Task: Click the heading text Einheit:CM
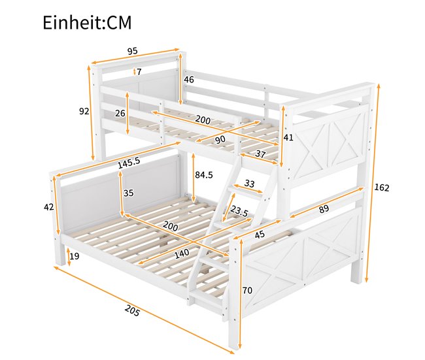click(x=87, y=23)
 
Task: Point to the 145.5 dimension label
click(x=129, y=164)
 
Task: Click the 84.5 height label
click(x=204, y=175)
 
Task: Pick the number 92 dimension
click(x=84, y=111)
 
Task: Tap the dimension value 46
click(x=189, y=80)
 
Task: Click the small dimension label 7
click(x=139, y=72)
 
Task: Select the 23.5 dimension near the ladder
click(x=239, y=212)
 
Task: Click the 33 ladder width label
click(x=249, y=184)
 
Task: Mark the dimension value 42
click(x=48, y=207)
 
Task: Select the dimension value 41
click(x=288, y=137)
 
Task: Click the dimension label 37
click(x=260, y=154)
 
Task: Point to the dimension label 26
click(x=120, y=113)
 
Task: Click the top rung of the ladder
click(x=249, y=194)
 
